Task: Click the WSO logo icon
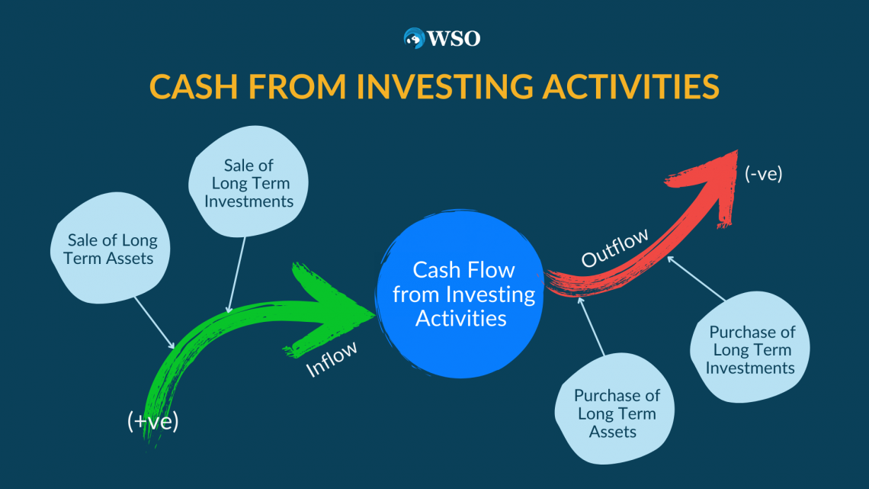pyautogui.click(x=414, y=38)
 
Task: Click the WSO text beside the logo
pyautogui.click(x=454, y=38)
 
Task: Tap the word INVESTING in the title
pyautogui.click(x=445, y=86)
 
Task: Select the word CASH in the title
pyautogui.click(x=194, y=86)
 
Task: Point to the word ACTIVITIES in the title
pyautogui.click(x=630, y=86)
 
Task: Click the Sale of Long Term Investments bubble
pyautogui.click(x=249, y=182)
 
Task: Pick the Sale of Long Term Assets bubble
pyautogui.click(x=110, y=249)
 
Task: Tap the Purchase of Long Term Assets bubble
pyautogui.click(x=615, y=409)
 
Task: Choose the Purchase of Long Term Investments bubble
pyautogui.click(x=750, y=348)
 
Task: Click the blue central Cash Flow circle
pyautogui.click(x=460, y=294)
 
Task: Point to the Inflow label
pyautogui.click(x=332, y=359)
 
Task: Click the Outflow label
pyautogui.click(x=614, y=248)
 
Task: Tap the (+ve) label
pyautogui.click(x=153, y=421)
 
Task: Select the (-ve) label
pyautogui.click(x=763, y=173)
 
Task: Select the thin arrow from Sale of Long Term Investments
pyautogui.click(x=236, y=275)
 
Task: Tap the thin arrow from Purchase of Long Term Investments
pyautogui.click(x=696, y=278)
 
